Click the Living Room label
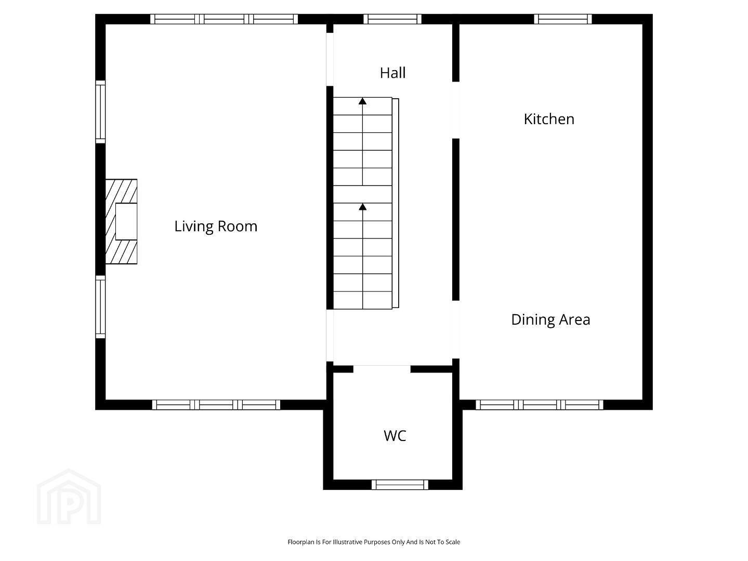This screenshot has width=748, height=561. pyautogui.click(x=216, y=226)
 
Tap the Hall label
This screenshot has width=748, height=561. pyautogui.click(x=392, y=73)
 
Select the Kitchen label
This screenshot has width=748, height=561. pyautogui.click(x=548, y=119)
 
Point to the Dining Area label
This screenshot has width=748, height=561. pyautogui.click(x=550, y=319)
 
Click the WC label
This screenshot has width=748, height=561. pyautogui.click(x=395, y=436)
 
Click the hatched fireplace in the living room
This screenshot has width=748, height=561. pyautogui.click(x=121, y=222)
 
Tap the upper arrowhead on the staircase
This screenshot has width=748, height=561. pyautogui.click(x=363, y=101)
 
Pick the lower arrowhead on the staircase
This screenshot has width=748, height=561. pyautogui.click(x=363, y=207)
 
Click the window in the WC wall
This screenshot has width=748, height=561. pyautogui.click(x=400, y=485)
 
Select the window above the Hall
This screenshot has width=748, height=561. pyautogui.click(x=392, y=19)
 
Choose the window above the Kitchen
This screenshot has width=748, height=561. pyautogui.click(x=563, y=19)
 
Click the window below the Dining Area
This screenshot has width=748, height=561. pyautogui.click(x=540, y=405)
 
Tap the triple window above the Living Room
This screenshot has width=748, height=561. pyautogui.click(x=224, y=19)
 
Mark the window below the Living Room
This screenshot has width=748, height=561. pyautogui.click(x=216, y=405)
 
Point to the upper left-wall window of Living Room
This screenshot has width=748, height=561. pyautogui.click(x=100, y=112)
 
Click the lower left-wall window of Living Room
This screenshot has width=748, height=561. pyautogui.click(x=100, y=307)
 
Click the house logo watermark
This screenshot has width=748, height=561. pyautogui.click(x=69, y=497)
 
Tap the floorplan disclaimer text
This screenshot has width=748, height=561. pyautogui.click(x=374, y=542)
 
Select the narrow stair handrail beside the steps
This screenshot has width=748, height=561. pyautogui.click(x=396, y=203)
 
